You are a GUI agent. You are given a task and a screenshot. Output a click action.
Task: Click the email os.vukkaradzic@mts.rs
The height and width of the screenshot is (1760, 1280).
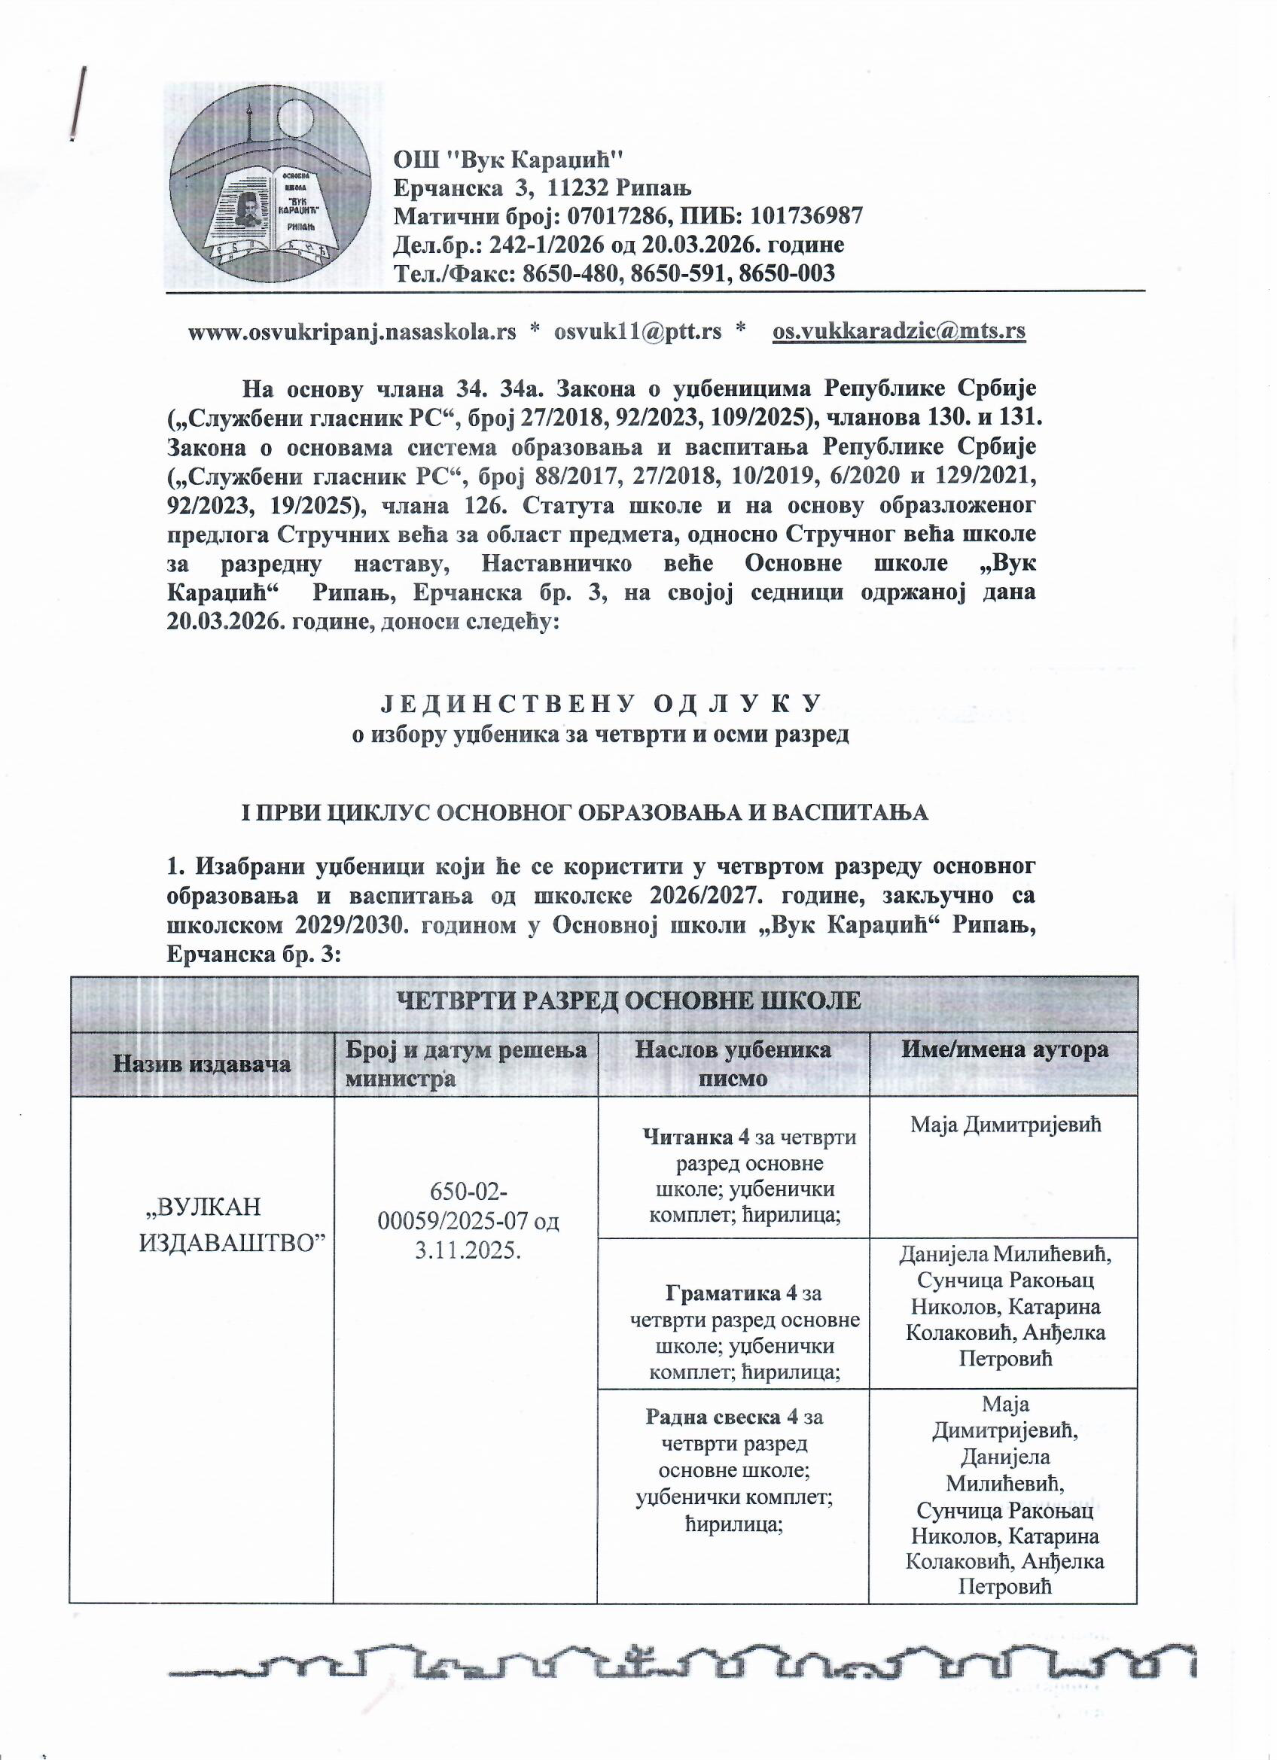click(x=900, y=331)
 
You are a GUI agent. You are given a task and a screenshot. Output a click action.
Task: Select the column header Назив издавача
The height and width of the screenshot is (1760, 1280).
click(x=202, y=1062)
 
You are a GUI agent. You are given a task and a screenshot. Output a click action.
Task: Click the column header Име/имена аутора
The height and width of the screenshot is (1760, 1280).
click(x=1004, y=1050)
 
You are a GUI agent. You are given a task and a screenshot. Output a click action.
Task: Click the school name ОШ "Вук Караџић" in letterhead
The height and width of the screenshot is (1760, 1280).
click(x=509, y=160)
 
